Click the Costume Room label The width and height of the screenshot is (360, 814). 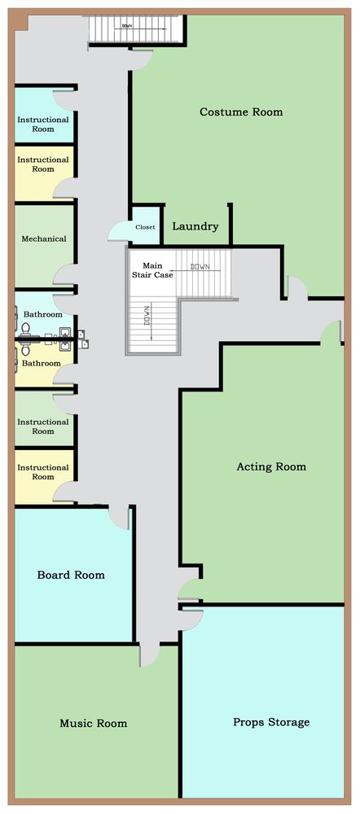241,112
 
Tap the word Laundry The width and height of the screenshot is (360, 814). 195,227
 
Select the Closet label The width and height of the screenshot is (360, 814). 145,227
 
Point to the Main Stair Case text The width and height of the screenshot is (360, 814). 154,270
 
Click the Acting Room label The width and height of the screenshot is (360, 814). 271,466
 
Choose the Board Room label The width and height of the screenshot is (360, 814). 71,575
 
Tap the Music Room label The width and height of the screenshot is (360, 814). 93,723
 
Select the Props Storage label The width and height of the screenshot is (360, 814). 271,722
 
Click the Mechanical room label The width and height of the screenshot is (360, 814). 44,239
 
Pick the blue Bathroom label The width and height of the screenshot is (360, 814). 42,314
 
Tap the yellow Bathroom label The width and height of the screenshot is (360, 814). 41,363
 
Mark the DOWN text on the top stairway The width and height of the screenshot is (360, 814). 127,25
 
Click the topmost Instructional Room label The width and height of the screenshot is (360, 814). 43,124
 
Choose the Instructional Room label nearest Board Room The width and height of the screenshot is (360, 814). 43,472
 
